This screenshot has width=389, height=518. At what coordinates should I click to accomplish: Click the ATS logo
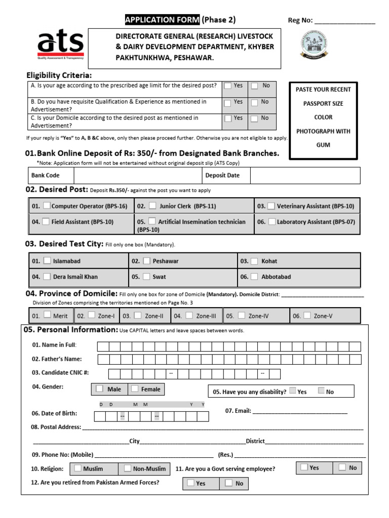[x=60, y=44]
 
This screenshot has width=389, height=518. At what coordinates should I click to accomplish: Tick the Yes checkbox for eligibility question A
[x=228, y=86]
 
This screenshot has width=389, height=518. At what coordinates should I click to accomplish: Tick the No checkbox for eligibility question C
[x=255, y=118]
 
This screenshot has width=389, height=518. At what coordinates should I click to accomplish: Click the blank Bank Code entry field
[x=137, y=176]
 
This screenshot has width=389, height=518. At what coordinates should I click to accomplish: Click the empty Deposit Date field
[x=305, y=176]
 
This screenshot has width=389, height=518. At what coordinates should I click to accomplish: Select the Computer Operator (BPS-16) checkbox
[x=47, y=206]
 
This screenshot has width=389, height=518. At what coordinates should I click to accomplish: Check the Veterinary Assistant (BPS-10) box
[x=271, y=206]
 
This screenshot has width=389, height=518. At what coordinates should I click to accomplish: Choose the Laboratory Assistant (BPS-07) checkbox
[x=272, y=222]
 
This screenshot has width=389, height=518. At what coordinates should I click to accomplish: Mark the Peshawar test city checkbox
[x=146, y=261]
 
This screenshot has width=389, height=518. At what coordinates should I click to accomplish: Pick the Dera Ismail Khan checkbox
[x=47, y=277]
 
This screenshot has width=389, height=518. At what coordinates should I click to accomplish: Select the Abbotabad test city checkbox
[x=255, y=277]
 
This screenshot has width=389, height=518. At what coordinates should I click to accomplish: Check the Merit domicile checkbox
[x=47, y=315]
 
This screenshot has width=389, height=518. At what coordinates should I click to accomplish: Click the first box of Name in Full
[x=103, y=347]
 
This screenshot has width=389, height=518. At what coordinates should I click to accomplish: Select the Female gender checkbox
[x=135, y=389]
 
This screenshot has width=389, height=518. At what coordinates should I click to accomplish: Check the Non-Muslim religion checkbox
[x=128, y=468]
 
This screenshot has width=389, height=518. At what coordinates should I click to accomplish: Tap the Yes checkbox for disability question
[x=293, y=391]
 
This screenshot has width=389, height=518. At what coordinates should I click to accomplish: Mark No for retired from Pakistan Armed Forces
[x=229, y=483]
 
